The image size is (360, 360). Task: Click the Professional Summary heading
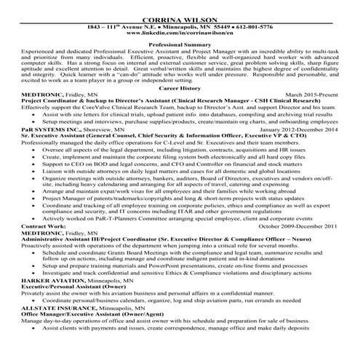pyautogui.click(x=179, y=45)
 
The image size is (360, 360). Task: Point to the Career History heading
pyautogui.click(x=179, y=87)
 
